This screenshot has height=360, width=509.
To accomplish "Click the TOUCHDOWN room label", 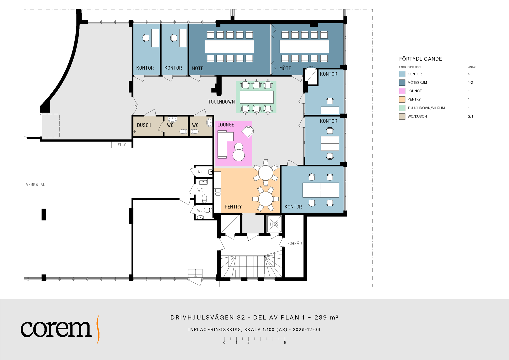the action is click(221, 102).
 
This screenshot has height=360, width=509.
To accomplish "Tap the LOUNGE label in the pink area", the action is click(226, 125).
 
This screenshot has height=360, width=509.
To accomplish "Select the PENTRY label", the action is click(233, 207).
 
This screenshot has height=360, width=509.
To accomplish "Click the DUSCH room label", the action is click(144, 125).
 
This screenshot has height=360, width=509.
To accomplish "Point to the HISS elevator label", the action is click(274, 224).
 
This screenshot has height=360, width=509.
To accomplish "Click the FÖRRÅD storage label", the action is click(294, 243).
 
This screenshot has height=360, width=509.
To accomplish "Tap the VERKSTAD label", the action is click(36, 185).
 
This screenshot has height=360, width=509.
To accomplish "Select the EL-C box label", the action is click(122, 145).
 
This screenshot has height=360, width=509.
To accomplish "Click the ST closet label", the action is click(200, 172).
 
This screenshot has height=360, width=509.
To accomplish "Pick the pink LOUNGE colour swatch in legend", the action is click(402, 91).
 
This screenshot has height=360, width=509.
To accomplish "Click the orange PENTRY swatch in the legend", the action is click(402, 99).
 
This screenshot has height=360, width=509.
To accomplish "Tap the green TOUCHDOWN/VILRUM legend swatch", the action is click(402, 108).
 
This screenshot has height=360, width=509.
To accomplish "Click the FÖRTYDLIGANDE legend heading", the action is click(420, 59).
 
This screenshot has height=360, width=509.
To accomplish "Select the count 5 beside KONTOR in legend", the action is click(469, 74).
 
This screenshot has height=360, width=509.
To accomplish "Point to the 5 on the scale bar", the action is click(285, 343).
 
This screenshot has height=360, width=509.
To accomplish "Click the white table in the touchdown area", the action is click(257, 97).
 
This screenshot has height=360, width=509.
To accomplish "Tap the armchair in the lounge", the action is click(248, 132).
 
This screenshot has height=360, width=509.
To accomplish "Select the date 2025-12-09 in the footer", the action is click(307, 330).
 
